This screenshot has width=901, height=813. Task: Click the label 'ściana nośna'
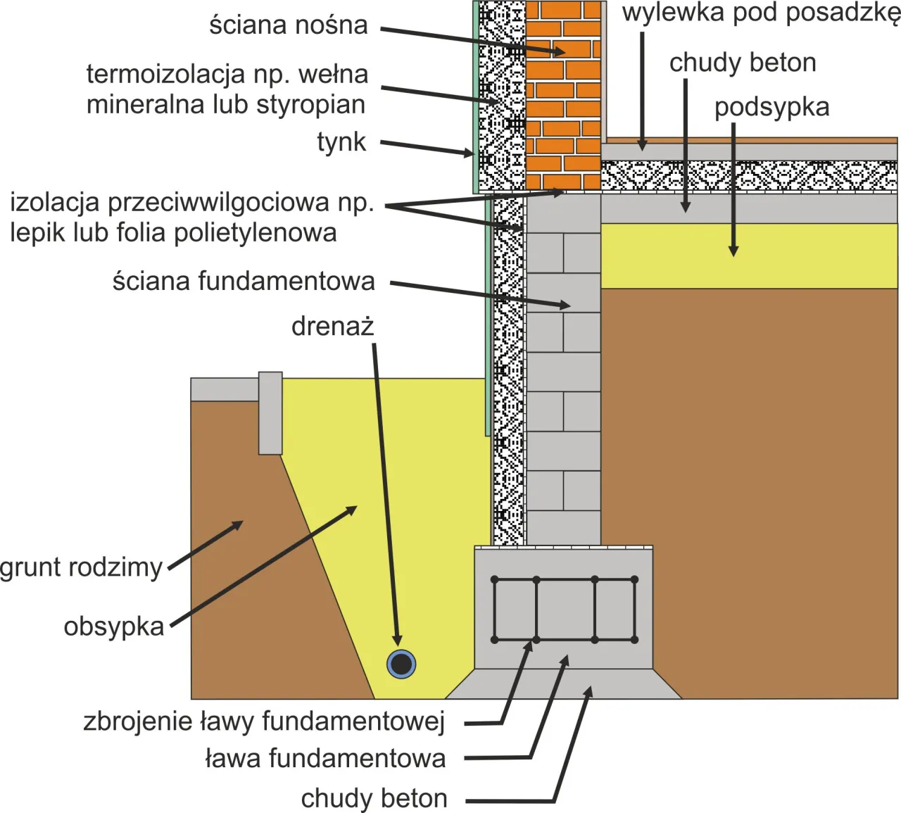[x=288, y=25]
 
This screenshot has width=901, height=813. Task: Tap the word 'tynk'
[x=341, y=142]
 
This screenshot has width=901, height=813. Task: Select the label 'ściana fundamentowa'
[x=244, y=282]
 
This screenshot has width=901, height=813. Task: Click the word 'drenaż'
[x=332, y=327]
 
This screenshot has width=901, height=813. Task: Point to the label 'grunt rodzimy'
[x=82, y=567]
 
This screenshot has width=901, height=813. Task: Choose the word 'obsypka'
[x=114, y=626]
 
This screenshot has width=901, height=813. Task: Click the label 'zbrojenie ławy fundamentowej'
[x=264, y=721]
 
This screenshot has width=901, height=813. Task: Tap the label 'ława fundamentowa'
[x=325, y=759]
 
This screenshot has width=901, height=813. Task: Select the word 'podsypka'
[x=771, y=108]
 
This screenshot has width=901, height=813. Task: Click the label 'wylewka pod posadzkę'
[x=760, y=13]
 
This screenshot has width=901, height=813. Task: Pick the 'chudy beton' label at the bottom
[x=374, y=799]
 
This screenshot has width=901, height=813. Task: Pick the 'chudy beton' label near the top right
[x=743, y=63]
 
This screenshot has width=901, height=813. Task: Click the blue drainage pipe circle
[x=401, y=664]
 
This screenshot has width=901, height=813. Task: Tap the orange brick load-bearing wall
[x=563, y=99]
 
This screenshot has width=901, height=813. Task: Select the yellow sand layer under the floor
[x=749, y=256]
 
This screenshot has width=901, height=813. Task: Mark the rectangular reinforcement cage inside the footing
[x=564, y=610]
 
